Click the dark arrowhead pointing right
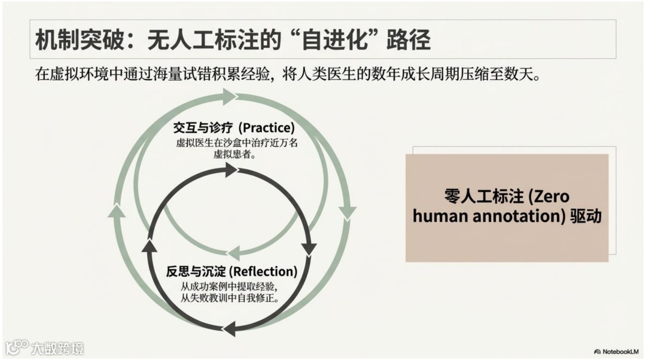coord(229,170)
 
